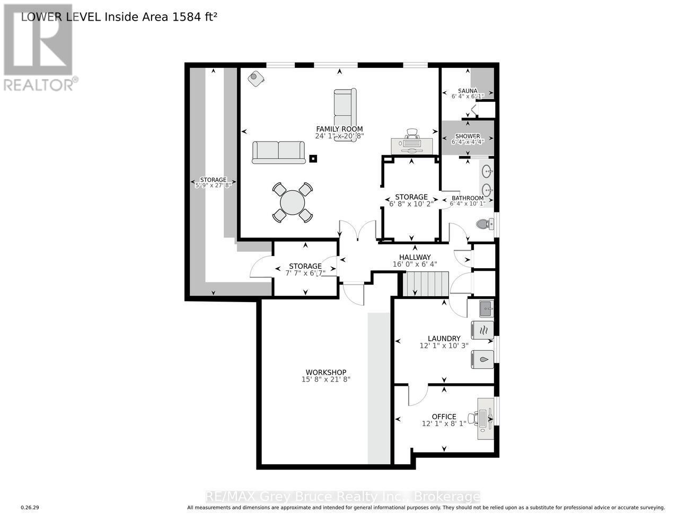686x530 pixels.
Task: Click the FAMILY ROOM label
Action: (x=339, y=129)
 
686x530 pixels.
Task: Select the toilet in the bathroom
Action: (x=483, y=224)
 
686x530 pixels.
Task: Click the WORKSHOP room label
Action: (x=326, y=372)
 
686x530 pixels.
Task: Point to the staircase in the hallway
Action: (x=426, y=284)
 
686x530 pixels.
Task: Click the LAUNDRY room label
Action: (x=444, y=338)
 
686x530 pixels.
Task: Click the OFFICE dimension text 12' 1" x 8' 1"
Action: (x=444, y=424)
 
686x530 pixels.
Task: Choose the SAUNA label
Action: (x=468, y=91)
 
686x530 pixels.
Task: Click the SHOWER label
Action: (x=467, y=136)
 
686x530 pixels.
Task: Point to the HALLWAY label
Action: (x=415, y=258)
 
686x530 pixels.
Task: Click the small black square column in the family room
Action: (x=313, y=158)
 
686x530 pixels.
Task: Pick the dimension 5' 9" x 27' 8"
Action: (x=213, y=185)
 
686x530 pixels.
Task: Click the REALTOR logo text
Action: (x=39, y=85)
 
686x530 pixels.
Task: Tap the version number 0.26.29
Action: (x=30, y=508)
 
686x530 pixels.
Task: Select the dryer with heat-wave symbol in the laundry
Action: (x=482, y=330)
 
